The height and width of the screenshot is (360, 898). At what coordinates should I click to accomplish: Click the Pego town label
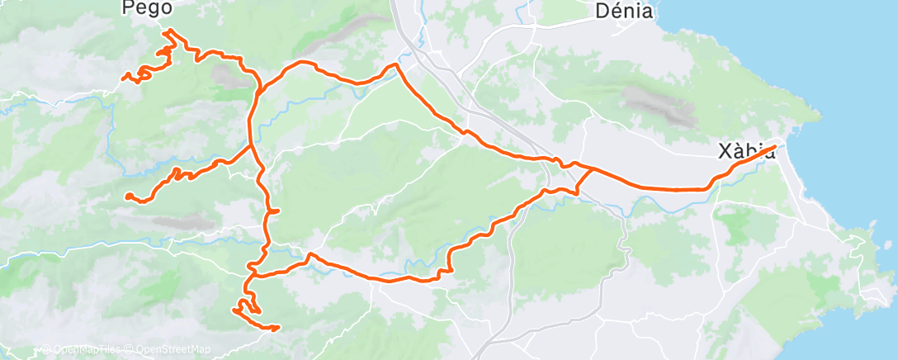(x=147, y=9)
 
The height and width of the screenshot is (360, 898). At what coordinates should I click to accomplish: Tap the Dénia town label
(x=624, y=11)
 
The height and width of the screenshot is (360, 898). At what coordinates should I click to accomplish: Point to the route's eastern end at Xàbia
(x=775, y=147)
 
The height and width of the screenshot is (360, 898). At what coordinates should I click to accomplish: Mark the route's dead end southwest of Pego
(x=125, y=78)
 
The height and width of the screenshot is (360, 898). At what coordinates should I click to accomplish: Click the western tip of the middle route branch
(x=129, y=196)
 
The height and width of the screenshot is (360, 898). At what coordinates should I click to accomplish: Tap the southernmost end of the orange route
(x=276, y=328)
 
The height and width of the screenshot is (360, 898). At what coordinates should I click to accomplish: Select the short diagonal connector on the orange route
(x=584, y=180)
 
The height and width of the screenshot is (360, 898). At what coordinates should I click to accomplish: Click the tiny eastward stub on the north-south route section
(x=276, y=211)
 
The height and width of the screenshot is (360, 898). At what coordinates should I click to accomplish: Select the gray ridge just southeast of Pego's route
(x=226, y=76)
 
